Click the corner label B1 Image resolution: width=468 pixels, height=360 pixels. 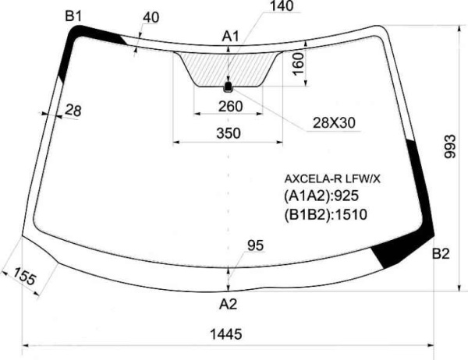pyautogui.click(x=73, y=16)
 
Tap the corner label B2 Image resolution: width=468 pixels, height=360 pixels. pyautogui.click(x=441, y=254)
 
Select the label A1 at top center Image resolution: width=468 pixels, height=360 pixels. pyautogui.click(x=230, y=37)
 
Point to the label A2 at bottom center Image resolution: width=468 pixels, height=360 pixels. pyautogui.click(x=229, y=304)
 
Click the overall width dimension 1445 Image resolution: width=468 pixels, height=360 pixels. pyautogui.click(x=226, y=334)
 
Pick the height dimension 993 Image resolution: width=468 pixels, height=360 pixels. pyautogui.click(x=450, y=146)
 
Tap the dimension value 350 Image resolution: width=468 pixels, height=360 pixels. pyautogui.click(x=229, y=133)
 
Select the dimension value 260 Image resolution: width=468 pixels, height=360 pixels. pyautogui.click(x=230, y=106)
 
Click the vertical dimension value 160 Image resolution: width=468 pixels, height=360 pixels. pyautogui.click(x=298, y=65)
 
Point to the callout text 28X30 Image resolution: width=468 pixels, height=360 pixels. pyautogui.click(x=334, y=122)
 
